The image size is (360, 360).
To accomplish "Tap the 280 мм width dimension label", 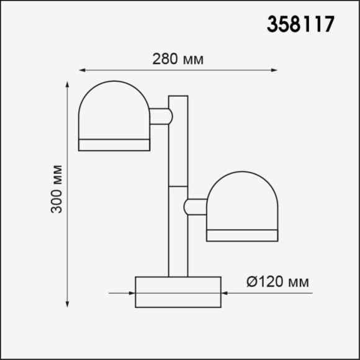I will pos(178,60).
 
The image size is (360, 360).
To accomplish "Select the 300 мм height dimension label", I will pos(57,189).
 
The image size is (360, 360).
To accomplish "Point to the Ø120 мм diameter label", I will pos(277,282).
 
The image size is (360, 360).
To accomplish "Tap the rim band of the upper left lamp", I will pos(114,145).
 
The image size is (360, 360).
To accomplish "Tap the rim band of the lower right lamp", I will pos(243,235).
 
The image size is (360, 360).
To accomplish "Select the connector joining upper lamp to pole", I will pos(160,116).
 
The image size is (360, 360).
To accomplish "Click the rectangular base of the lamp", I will pos(178,292).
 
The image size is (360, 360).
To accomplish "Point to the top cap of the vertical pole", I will pos(178,97).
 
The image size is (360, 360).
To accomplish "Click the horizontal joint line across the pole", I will pos(178,186).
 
